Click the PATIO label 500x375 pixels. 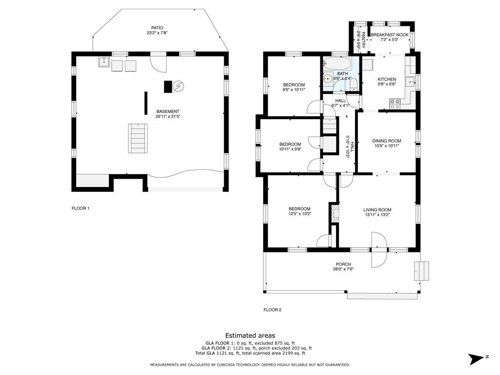coord(157,28)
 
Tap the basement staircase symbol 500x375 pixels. coord(138,138)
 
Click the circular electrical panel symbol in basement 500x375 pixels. coord(178,86)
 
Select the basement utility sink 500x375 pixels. coord(104,62)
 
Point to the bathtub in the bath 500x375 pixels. coord(337,64)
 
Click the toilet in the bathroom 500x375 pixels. coord(354,85)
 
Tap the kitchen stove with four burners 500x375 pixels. coord(395,104)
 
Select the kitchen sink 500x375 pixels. coord(410,82)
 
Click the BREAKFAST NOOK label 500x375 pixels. coord(389,35)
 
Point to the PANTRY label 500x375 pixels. coord(363,40)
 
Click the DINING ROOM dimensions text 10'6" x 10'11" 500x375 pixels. coord(387,146)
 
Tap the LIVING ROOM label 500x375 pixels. coord(377,210)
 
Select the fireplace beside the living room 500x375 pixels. coord(335,213)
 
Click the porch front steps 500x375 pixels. coord(421,271)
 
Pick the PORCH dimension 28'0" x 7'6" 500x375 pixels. coord(343,269)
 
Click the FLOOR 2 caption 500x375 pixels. coord(272,310)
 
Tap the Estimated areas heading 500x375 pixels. coord(250,335)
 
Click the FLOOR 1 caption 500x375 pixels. coord(81,208)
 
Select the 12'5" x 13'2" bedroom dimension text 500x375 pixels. coord(299,214)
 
